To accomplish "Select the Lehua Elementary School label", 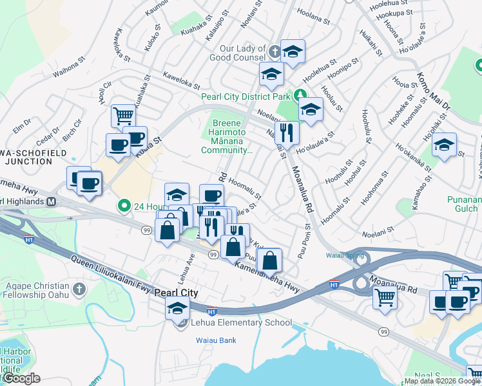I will coord(242,322).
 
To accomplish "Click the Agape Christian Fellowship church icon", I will coord(79,287).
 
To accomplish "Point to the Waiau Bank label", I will coord(217,340).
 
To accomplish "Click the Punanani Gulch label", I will coord(463,204).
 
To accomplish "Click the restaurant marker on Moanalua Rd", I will coord(287,133).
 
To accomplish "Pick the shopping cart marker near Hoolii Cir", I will coord(123,116).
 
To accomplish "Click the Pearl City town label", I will coord(177,292).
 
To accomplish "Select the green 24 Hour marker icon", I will coord(123,206).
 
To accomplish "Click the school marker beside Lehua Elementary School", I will coord(177,308).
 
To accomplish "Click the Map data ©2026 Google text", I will coord(442,381).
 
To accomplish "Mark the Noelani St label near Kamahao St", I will coord(378,235).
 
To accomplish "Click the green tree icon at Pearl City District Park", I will coord(300,96).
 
